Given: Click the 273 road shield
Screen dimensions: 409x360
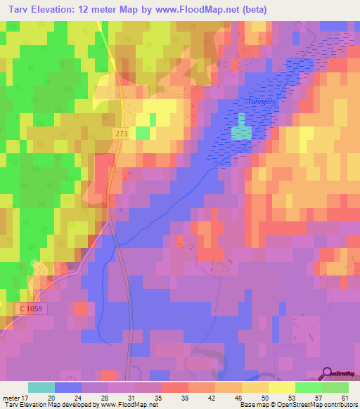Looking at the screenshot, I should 121,132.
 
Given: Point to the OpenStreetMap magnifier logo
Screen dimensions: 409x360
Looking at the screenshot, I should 327,373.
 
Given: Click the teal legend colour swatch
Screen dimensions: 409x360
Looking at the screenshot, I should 41,387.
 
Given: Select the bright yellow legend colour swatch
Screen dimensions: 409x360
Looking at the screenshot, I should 281,387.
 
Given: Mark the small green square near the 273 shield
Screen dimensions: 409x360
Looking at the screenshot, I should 143,132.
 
